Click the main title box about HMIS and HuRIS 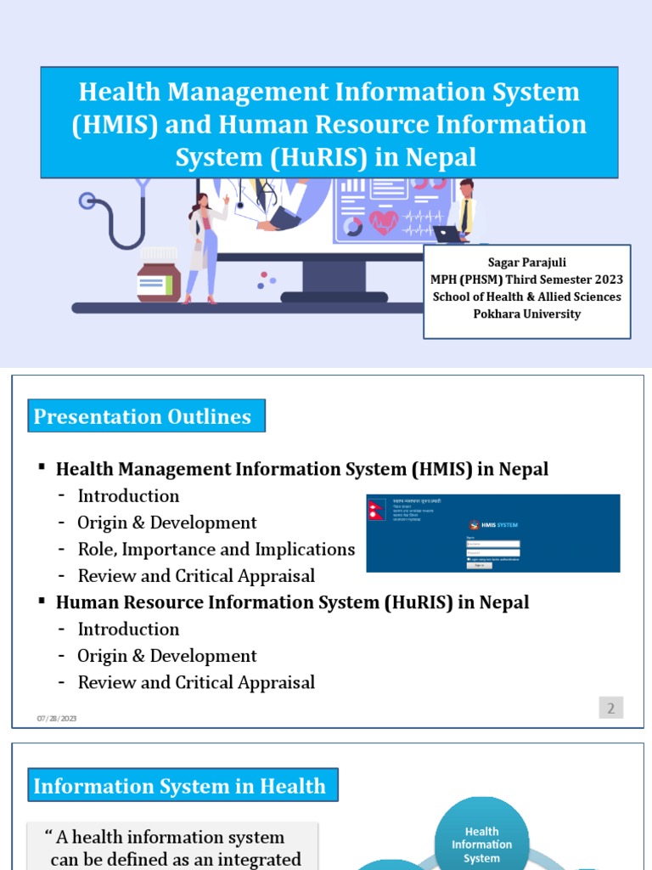point(329,124)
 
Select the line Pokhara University point(526,314)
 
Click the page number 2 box point(610,708)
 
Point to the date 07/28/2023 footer point(57,719)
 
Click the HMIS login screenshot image point(493,533)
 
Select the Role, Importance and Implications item point(216,550)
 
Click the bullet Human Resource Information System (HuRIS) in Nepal point(292,602)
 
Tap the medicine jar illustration point(159,278)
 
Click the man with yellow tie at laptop point(463,211)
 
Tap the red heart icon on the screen point(384,222)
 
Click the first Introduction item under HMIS point(128,496)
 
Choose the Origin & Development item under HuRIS point(166,656)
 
